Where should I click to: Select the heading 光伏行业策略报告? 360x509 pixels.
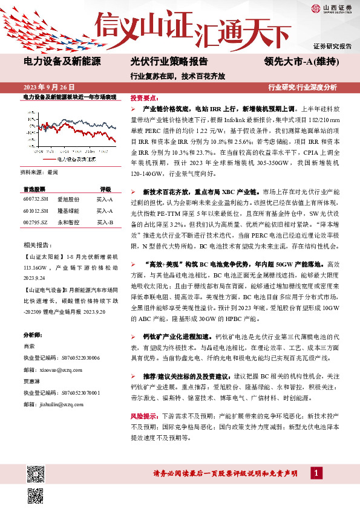click(169, 62)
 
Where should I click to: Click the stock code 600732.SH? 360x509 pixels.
click(35, 198)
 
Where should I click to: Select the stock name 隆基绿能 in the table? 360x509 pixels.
click(68, 211)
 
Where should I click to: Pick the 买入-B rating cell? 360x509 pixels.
click(105, 223)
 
